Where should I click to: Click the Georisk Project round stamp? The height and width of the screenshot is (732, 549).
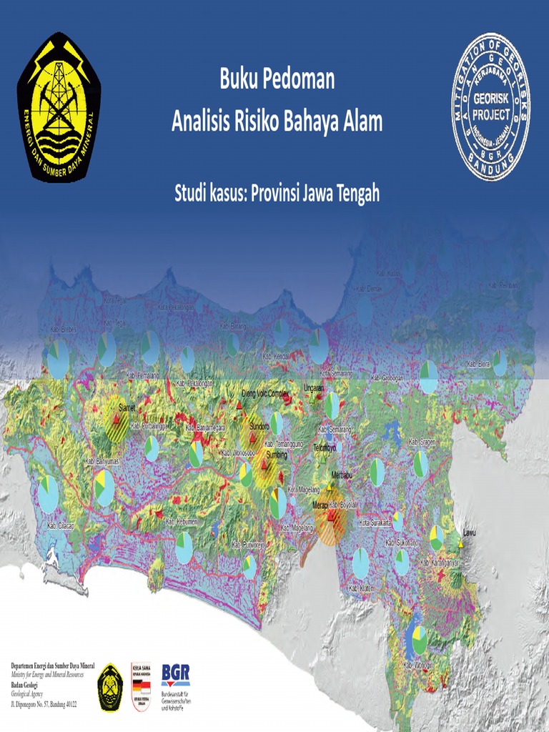click(x=492, y=106)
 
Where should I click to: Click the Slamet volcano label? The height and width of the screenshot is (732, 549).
click(x=127, y=407)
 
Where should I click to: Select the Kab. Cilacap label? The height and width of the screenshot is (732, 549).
click(x=61, y=526)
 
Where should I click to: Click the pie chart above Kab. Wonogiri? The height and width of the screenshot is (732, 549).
click(x=419, y=636)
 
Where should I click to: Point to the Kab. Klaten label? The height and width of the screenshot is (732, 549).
click(x=362, y=588)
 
